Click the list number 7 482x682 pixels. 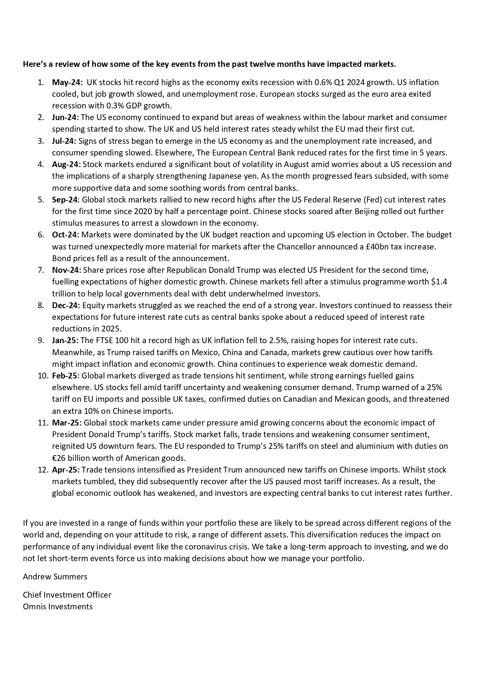(41, 270)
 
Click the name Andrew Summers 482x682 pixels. (55, 577)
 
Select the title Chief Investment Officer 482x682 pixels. (67, 595)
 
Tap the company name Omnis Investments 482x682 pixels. (58, 607)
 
